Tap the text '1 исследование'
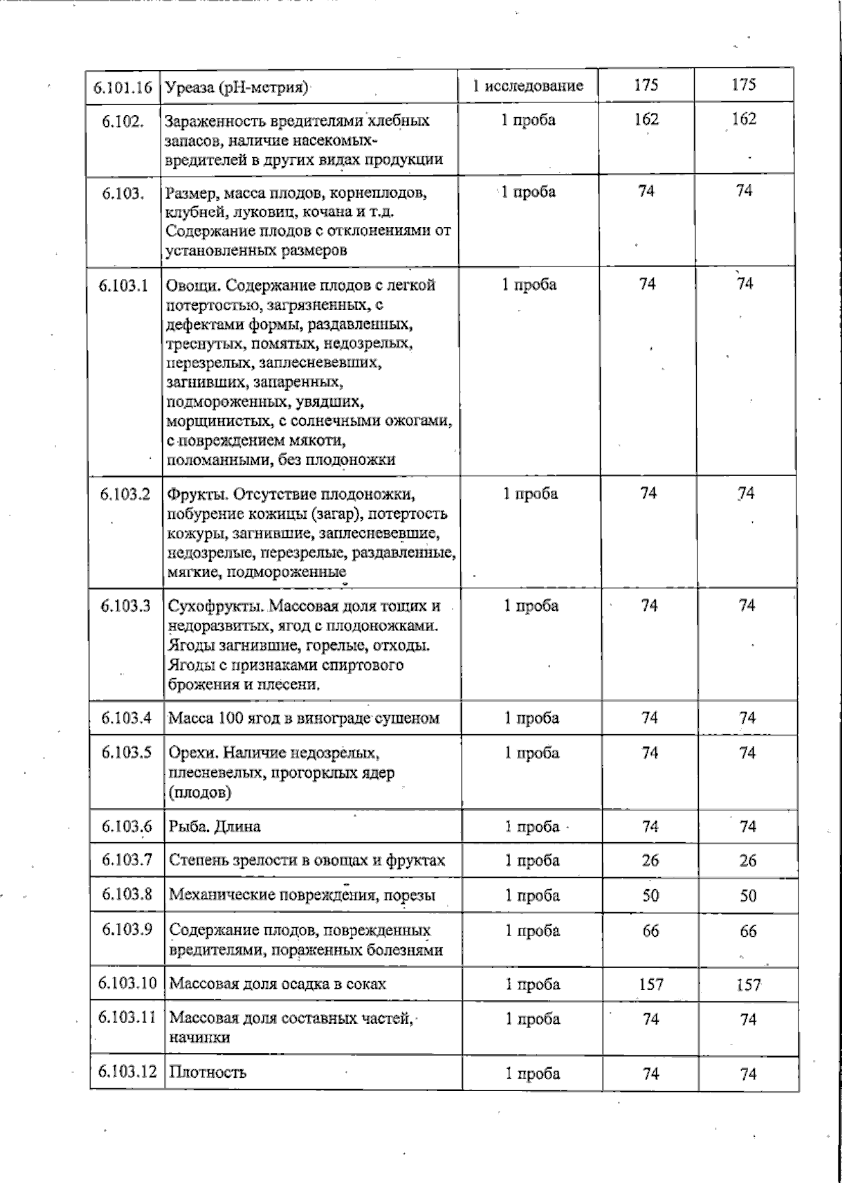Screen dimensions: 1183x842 528,86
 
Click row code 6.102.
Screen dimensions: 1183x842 123,121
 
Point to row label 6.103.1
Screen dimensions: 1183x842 124,285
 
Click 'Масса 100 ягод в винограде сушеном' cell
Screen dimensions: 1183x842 304,718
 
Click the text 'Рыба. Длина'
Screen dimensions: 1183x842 215,827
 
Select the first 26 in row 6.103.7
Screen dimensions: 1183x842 650,860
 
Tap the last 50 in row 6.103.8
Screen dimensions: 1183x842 748,895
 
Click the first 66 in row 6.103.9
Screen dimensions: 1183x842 650,931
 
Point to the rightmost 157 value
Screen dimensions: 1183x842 749,985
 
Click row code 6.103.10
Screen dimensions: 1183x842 127,983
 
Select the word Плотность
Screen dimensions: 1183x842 208,1073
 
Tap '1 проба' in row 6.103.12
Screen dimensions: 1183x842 533,1074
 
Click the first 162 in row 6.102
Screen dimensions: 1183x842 646,119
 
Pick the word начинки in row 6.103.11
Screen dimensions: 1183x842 199,1038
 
